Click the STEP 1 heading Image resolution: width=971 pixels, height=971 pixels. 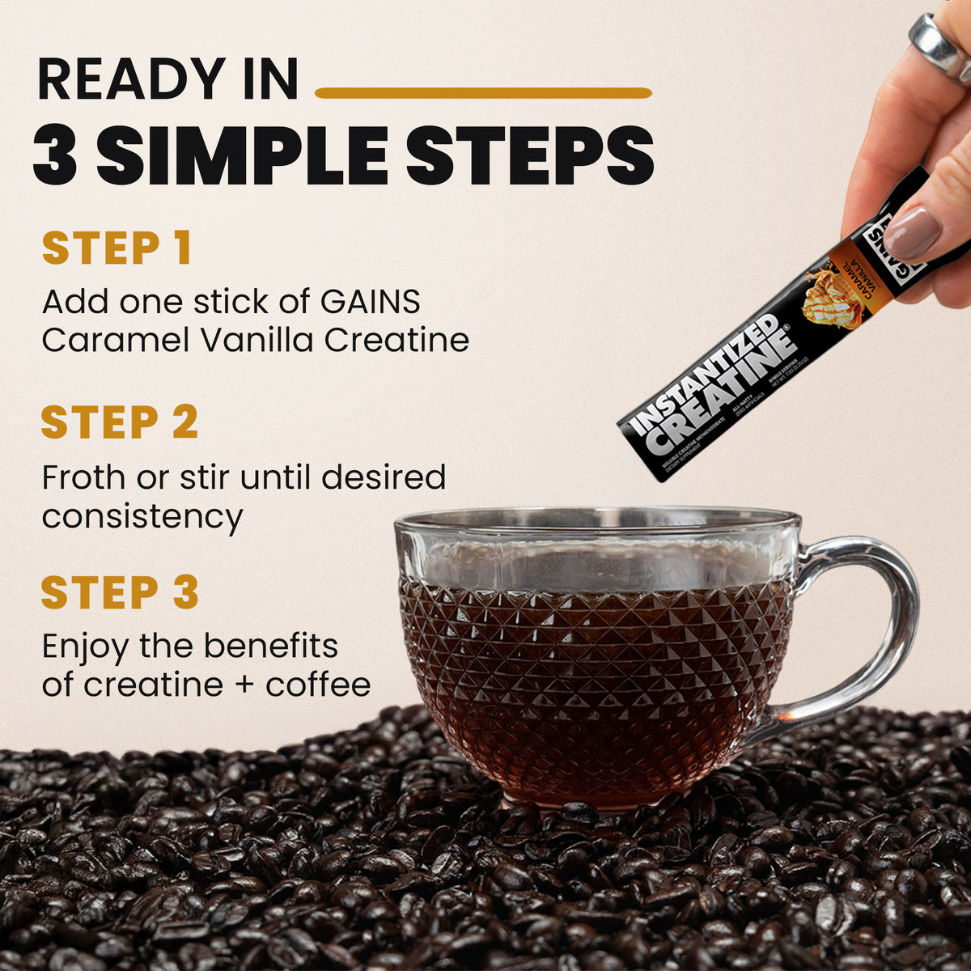click(x=117, y=248)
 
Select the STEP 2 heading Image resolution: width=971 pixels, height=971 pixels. click(x=120, y=422)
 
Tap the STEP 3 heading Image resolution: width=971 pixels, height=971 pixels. click(x=120, y=593)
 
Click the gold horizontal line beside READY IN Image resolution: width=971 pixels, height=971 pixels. click(x=483, y=93)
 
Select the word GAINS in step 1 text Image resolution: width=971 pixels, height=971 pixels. click(x=370, y=302)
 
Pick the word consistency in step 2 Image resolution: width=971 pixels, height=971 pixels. click(x=142, y=517)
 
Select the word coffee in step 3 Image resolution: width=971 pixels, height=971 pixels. click(x=318, y=685)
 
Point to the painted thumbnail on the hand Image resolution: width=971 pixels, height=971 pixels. click(x=912, y=233)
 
